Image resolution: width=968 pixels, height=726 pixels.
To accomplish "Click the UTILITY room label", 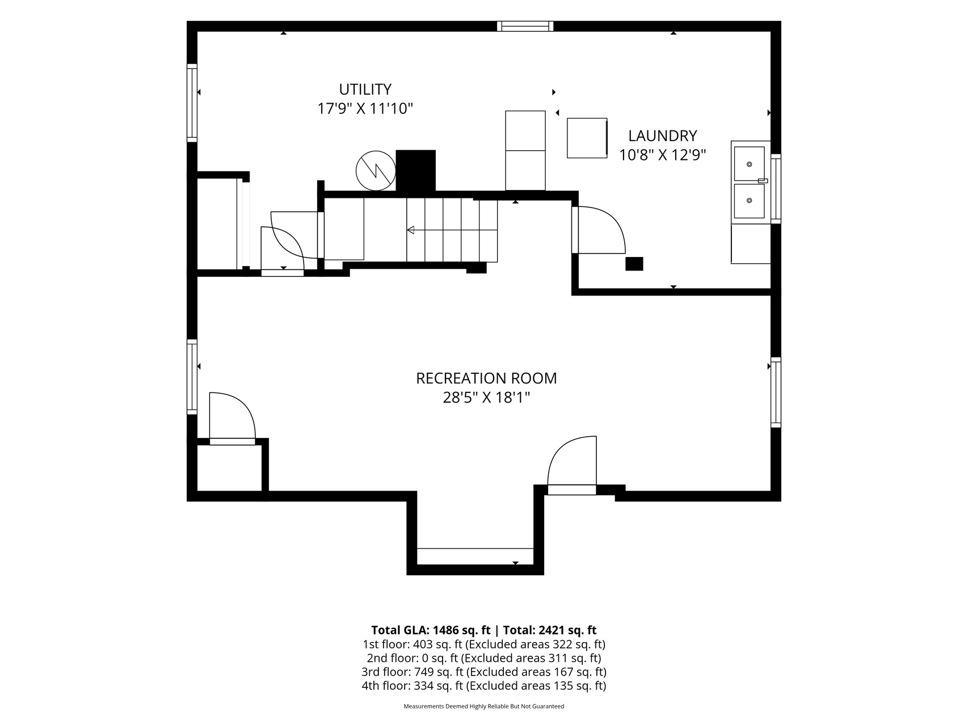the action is (365, 90).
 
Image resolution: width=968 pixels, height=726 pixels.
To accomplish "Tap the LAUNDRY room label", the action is (662, 136).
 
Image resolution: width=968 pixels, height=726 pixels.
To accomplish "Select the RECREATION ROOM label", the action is (486, 378).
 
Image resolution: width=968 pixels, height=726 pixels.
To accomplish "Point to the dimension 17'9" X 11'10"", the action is (365, 108).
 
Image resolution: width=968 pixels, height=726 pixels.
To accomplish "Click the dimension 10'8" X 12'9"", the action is (662, 155).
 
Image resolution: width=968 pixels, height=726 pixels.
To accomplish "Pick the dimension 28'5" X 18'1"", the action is (486, 398).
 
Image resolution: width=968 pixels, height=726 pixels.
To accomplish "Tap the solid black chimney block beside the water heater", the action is (415, 171).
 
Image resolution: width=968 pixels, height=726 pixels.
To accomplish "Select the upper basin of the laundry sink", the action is (749, 164).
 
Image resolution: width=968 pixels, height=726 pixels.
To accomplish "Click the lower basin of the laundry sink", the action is (749, 200).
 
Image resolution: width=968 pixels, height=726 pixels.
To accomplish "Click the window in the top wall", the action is (525, 26).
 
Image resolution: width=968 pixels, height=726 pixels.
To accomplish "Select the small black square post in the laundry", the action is (634, 264).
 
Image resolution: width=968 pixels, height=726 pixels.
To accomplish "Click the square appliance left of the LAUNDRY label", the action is (587, 138).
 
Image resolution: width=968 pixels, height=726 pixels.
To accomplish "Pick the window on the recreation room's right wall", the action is (776, 392).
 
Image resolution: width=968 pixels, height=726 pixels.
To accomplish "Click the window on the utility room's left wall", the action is (192, 103).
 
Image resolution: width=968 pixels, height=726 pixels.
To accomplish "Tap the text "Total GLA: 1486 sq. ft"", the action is (431, 630).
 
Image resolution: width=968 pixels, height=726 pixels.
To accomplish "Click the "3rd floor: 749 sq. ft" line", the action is (413, 672).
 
